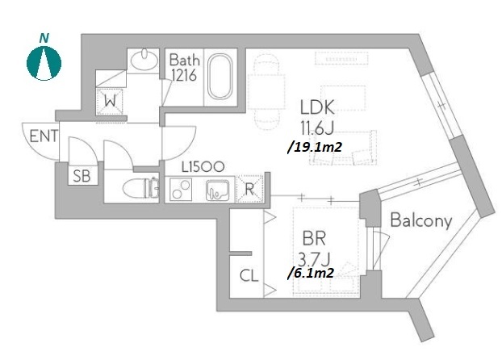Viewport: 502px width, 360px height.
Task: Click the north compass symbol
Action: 44,63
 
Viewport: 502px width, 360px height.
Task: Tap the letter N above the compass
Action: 44,39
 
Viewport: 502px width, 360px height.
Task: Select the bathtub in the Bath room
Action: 220,77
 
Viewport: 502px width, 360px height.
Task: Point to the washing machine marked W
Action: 110,102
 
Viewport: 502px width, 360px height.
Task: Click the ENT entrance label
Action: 44,136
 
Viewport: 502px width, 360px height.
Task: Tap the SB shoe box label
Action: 82,176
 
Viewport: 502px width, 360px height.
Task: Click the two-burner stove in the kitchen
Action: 181,190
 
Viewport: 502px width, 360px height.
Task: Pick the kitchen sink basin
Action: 217,190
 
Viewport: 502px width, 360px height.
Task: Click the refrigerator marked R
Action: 249,190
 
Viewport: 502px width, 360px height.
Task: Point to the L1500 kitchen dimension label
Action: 203,167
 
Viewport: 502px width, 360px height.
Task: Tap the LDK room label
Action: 317,107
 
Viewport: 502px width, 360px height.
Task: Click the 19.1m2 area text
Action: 315,147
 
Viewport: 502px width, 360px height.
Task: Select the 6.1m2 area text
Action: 312,273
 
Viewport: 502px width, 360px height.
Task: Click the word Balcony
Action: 421,220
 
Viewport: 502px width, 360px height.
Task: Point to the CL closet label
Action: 249,275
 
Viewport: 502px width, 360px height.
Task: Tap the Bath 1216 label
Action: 184,67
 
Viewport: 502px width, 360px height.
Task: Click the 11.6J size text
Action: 317,129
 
